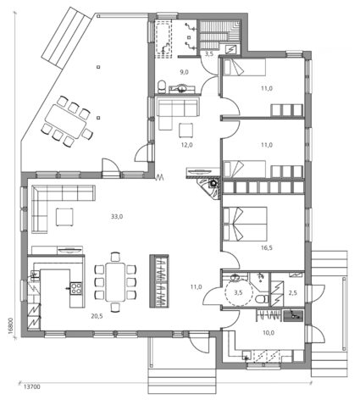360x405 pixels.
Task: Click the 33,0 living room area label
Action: pyautogui.click(x=117, y=217)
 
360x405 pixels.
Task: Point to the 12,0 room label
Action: pyautogui.click(x=187, y=145)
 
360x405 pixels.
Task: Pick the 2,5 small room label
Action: pyautogui.click(x=292, y=292)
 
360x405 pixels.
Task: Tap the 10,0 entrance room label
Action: pyautogui.click(x=268, y=333)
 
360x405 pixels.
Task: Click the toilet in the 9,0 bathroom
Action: pyautogui.click(x=162, y=83)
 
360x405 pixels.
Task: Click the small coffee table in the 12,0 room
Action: pyautogui.click(x=186, y=129)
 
